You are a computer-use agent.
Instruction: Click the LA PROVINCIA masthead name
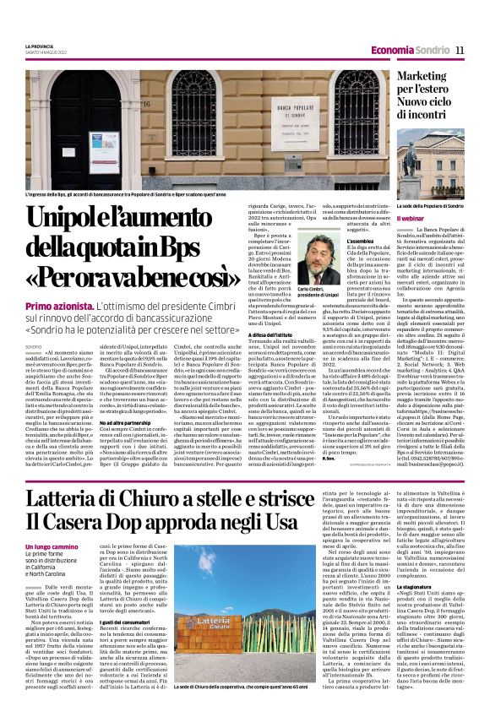[x=38, y=46]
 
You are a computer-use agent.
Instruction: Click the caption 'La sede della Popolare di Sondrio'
[x=429, y=205]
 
